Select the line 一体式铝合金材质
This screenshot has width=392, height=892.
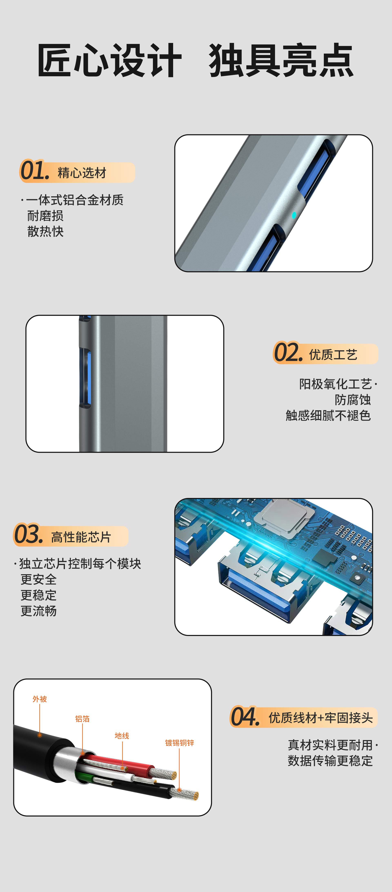coord(74,200)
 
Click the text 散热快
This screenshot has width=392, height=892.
coord(45,231)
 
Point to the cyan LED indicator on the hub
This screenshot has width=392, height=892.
coord(294,215)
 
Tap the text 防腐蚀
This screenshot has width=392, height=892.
coord(352,400)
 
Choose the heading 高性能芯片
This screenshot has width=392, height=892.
coord(81,537)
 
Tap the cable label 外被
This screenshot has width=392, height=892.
coord(40,699)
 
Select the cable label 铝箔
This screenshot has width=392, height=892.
coord(82,719)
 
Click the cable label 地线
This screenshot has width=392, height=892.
coord(122,736)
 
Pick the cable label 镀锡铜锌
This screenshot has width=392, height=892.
coord(179,742)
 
